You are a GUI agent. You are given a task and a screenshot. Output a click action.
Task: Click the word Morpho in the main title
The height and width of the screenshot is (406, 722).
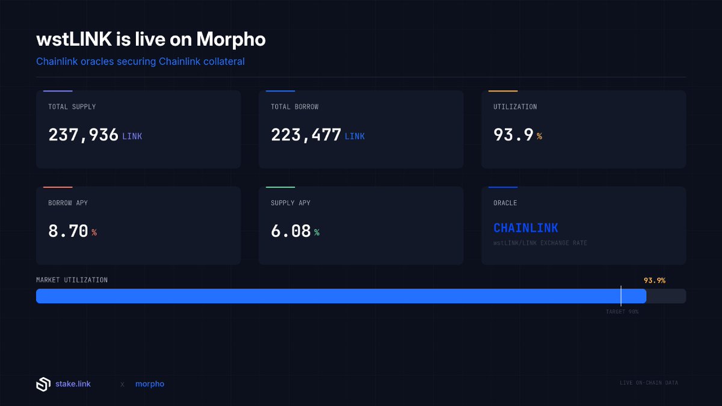pos(232,40)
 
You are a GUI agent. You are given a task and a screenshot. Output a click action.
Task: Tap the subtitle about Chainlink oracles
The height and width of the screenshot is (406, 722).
pos(140,61)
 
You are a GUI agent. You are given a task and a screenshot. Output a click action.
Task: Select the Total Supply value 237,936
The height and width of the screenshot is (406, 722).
pos(83,135)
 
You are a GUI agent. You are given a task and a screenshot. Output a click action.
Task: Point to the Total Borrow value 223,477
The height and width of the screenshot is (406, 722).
pos(306,135)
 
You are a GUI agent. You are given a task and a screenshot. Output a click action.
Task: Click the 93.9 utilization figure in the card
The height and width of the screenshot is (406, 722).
pos(513,135)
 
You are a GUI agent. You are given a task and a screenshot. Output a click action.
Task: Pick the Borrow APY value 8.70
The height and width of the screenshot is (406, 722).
pos(68,231)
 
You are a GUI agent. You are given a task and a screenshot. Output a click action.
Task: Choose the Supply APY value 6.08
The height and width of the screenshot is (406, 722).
pos(291,231)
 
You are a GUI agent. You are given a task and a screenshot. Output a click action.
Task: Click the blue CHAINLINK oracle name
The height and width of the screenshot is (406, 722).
pos(525,228)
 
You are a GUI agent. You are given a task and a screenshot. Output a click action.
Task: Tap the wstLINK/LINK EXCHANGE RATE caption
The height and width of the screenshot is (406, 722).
pos(540,243)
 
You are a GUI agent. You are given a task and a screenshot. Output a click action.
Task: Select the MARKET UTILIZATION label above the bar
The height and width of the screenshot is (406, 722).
pos(72,280)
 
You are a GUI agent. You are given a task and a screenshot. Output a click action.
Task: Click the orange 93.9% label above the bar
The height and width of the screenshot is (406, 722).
pos(654,280)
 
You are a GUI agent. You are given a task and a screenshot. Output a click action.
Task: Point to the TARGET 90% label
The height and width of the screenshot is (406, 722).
pos(622,312)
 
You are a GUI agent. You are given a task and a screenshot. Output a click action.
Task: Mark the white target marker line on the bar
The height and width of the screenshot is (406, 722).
pos(621,296)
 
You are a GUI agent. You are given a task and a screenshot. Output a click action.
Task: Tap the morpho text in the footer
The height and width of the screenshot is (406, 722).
pos(149,384)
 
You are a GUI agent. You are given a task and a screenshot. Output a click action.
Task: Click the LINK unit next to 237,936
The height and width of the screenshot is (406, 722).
pos(132,137)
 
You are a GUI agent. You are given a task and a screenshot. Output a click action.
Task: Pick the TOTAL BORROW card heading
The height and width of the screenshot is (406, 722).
pos(294,106)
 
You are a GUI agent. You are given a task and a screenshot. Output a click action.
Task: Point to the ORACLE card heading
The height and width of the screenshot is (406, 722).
pos(505,203)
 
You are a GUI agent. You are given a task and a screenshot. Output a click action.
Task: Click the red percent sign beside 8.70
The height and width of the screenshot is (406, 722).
pos(94,233)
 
